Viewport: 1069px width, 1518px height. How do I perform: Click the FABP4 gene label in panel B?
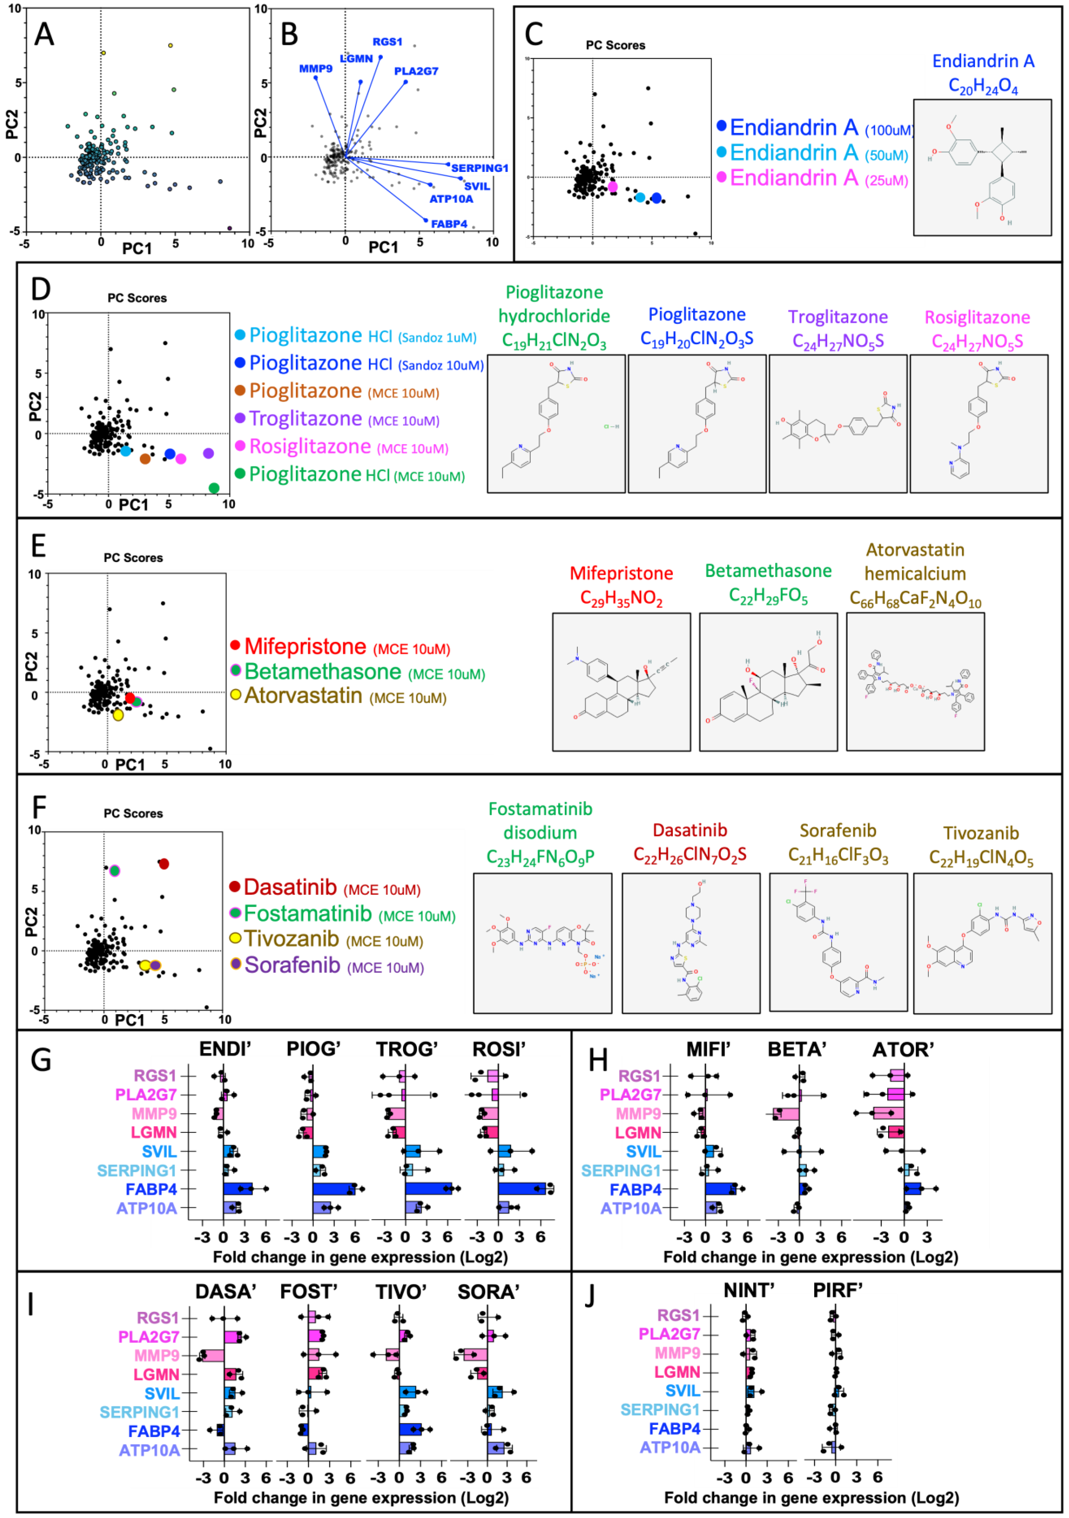pyautogui.click(x=449, y=224)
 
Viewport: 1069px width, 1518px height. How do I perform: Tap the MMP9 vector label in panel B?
pyautogui.click(x=315, y=69)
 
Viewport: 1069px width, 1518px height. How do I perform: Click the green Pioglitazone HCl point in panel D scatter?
pyautogui.click(x=214, y=488)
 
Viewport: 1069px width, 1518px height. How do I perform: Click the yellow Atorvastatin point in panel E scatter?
pyautogui.click(x=118, y=715)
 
